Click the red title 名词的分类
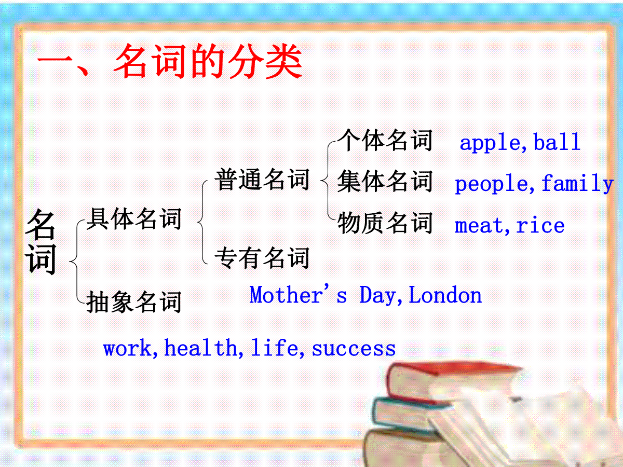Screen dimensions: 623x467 (x=208, y=62)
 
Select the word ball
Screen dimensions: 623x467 (x=557, y=141)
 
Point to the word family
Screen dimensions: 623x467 (x=577, y=183)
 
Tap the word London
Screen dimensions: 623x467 (x=445, y=295)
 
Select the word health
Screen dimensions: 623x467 (x=201, y=347)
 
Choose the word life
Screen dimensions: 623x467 (x=275, y=347)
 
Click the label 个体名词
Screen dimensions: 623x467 (x=385, y=140)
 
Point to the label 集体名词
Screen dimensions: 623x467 (x=385, y=181)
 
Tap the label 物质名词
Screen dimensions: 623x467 (x=385, y=223)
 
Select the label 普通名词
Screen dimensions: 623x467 (x=262, y=179)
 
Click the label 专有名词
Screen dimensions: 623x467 (x=262, y=257)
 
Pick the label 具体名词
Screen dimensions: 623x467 (x=133, y=218)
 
